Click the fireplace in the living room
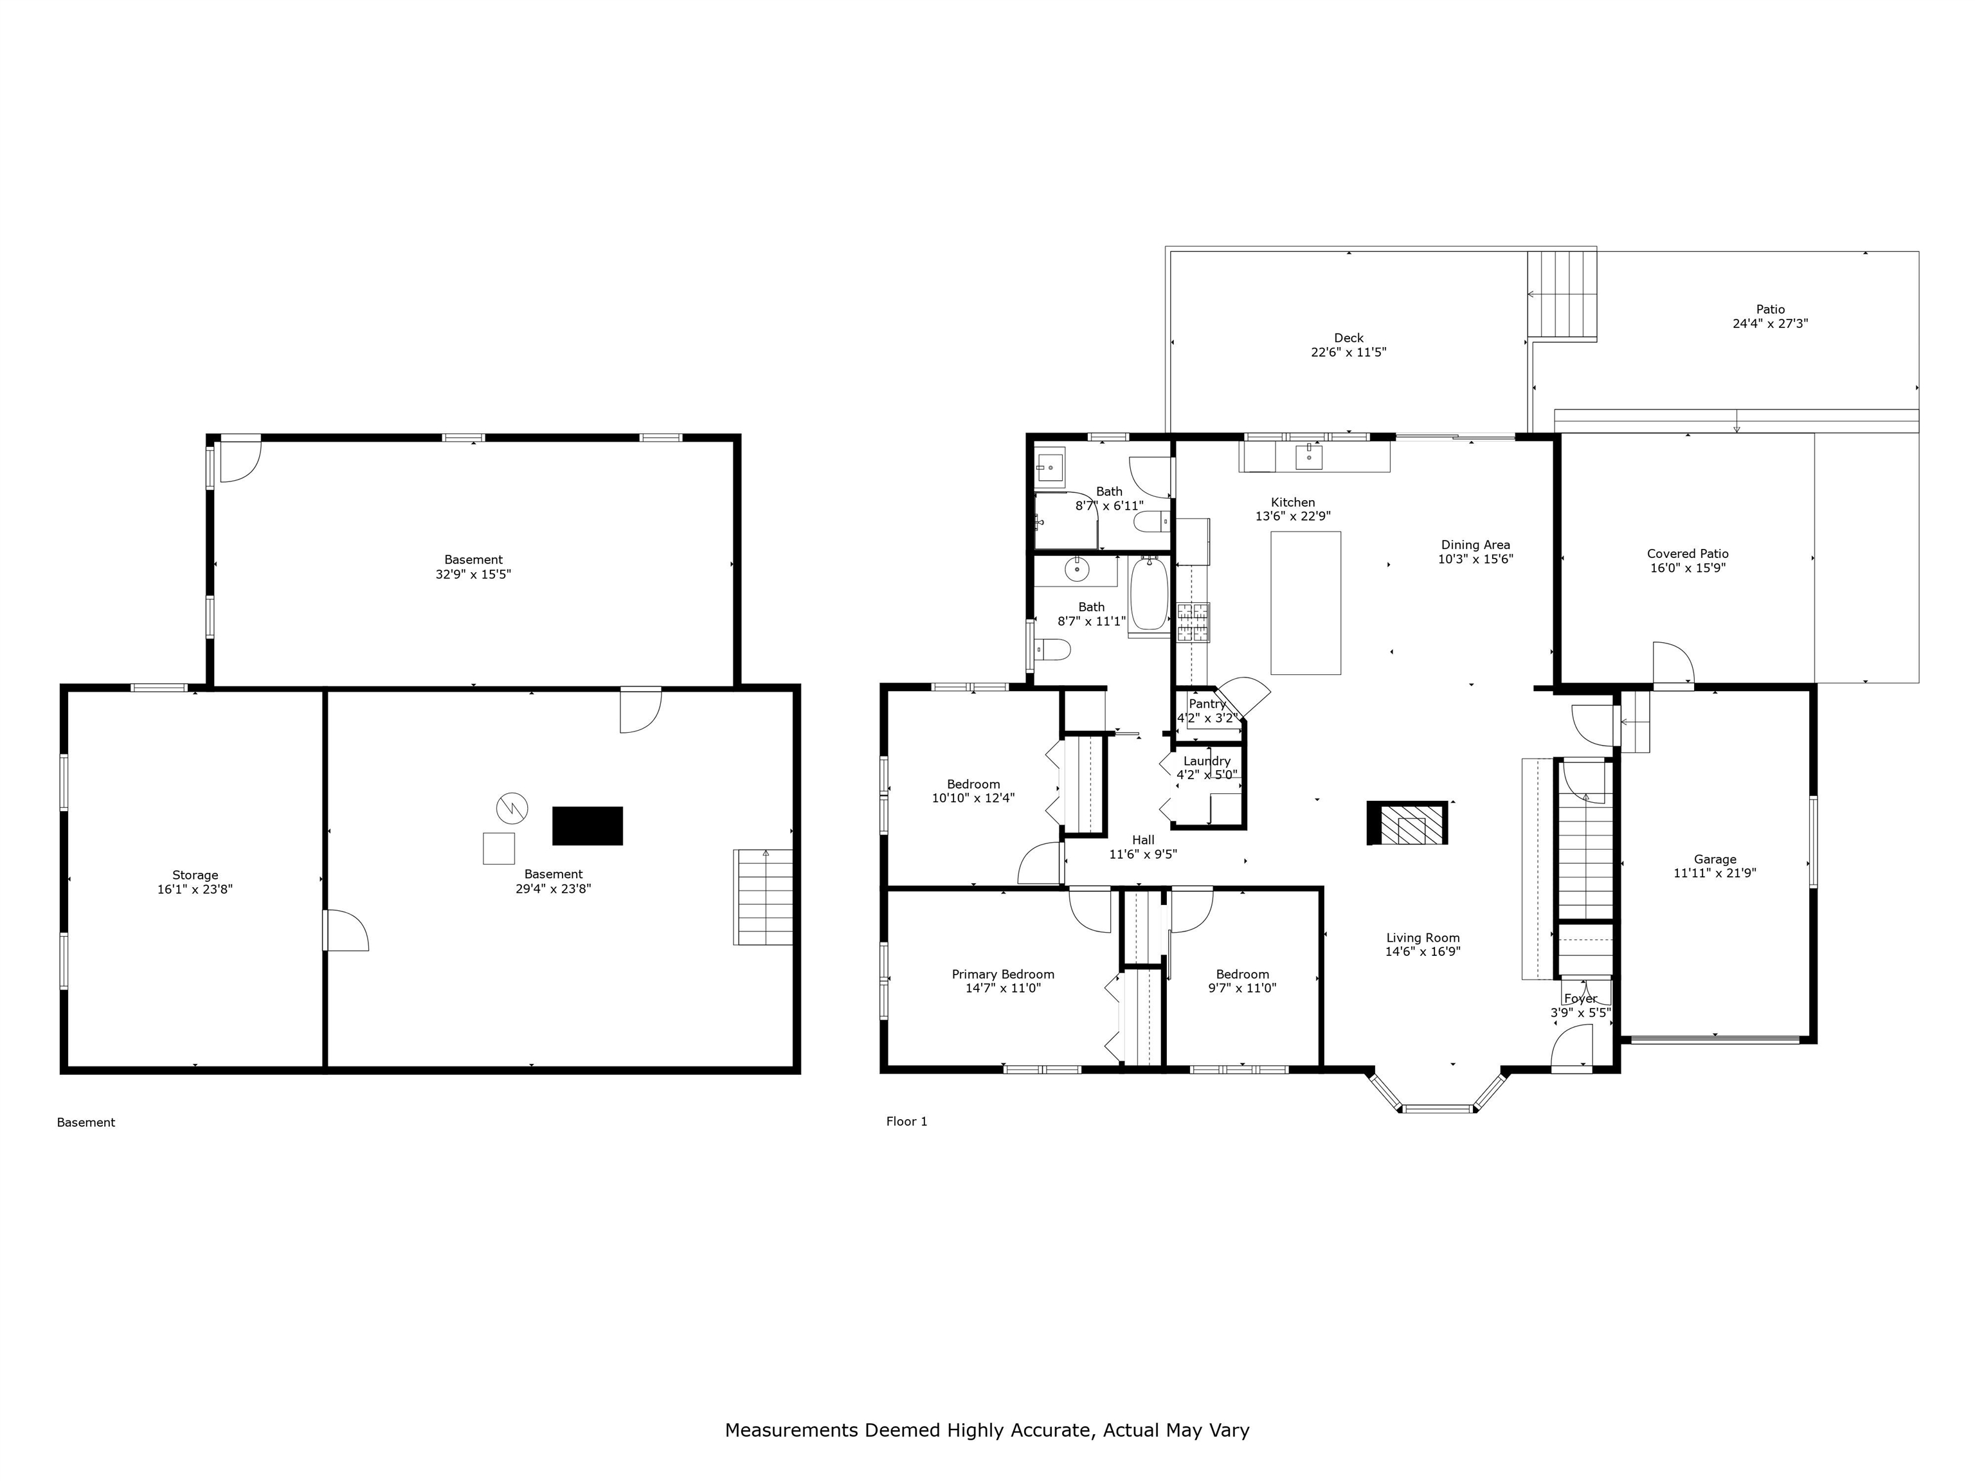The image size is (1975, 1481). pyautogui.click(x=1407, y=823)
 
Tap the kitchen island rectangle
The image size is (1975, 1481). pyautogui.click(x=1305, y=602)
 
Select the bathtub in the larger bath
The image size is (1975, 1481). pyautogui.click(x=1149, y=595)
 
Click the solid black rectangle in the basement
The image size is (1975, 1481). pyautogui.click(x=588, y=826)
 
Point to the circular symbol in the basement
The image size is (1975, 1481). pyautogui.click(x=512, y=809)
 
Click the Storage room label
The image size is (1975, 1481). pyautogui.click(x=195, y=875)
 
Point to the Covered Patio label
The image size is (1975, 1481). pyautogui.click(x=1688, y=553)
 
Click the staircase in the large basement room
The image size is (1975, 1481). pyautogui.click(x=763, y=897)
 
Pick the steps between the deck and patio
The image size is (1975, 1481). pyautogui.click(x=1562, y=294)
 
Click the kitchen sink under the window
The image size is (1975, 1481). pyautogui.click(x=1308, y=456)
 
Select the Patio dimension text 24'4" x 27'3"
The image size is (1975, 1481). pyautogui.click(x=1771, y=324)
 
